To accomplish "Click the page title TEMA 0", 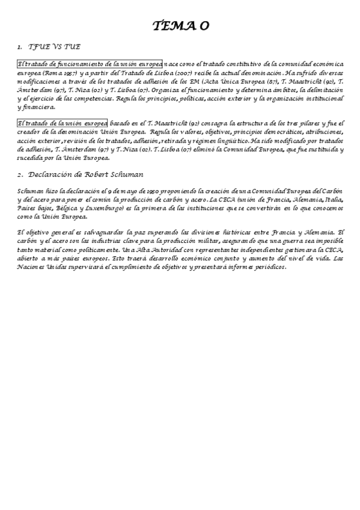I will click(x=180, y=25).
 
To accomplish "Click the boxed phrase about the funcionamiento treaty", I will click(x=90, y=64).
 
